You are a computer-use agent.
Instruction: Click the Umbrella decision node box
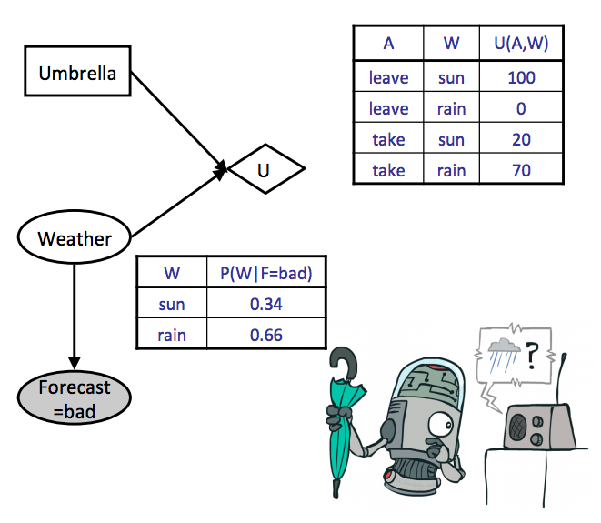76,72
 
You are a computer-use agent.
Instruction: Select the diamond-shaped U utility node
266,168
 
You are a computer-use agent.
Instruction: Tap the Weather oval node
75,238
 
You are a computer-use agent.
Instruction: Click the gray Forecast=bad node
74,398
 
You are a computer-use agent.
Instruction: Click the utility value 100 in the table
521,77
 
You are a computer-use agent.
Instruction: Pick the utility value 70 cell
521,170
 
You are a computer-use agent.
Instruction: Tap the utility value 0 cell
521,108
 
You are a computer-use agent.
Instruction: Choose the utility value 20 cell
521,139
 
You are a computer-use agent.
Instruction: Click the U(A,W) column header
521,44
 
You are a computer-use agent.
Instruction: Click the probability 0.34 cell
266,304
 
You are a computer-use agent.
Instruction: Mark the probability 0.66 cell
266,335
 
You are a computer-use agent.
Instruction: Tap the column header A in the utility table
388,44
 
